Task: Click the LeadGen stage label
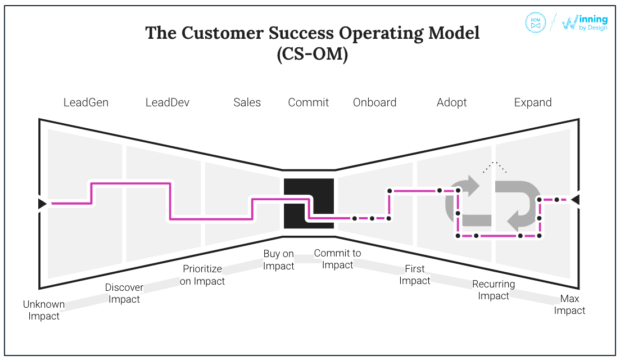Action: coord(86,102)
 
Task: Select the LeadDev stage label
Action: coord(168,102)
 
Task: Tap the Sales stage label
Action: coord(247,102)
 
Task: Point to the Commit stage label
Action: coord(309,102)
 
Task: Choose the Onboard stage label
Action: coord(375,102)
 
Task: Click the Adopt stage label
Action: coord(452,102)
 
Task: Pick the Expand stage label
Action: coord(533,102)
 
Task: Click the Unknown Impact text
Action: coord(44,310)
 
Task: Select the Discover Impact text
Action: coord(124,293)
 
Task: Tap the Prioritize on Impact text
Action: coord(202,275)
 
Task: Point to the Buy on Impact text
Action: coord(279,260)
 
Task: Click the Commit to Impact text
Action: coord(338,259)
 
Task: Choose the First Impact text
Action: coord(415,274)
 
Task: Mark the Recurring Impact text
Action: coord(494,290)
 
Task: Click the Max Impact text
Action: coord(569,304)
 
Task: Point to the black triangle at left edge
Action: coord(42,204)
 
